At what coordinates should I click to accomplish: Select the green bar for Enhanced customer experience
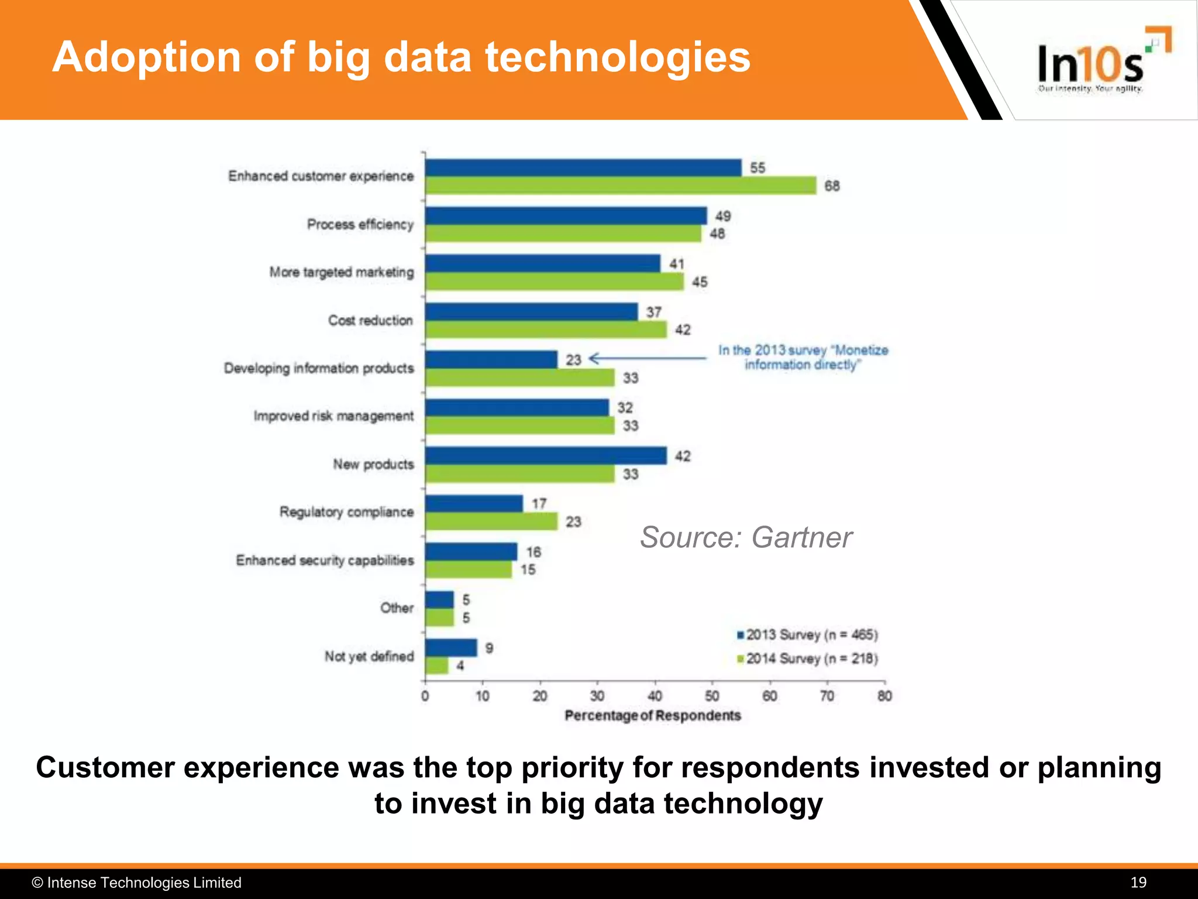click(620, 186)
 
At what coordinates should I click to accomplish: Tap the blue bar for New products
click(546, 455)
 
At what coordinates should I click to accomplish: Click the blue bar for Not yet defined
click(451, 648)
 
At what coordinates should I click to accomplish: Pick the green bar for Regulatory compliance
click(491, 521)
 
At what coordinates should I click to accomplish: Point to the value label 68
click(832, 186)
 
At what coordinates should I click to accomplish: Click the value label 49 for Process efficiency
click(723, 216)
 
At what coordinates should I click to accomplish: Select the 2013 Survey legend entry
click(807, 635)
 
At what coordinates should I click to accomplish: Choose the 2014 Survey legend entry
click(807, 659)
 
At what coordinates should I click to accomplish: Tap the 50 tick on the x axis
click(712, 696)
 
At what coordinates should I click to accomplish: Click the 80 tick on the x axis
click(884, 696)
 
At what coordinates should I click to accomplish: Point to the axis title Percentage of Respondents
click(652, 716)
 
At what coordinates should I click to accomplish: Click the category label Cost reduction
click(370, 320)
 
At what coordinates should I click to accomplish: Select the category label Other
click(397, 608)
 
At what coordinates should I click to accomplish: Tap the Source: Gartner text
click(746, 537)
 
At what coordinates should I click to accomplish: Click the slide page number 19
click(1138, 883)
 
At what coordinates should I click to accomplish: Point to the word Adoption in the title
click(147, 57)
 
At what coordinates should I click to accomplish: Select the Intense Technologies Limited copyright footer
click(137, 883)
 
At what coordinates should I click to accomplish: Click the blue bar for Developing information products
click(491, 359)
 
